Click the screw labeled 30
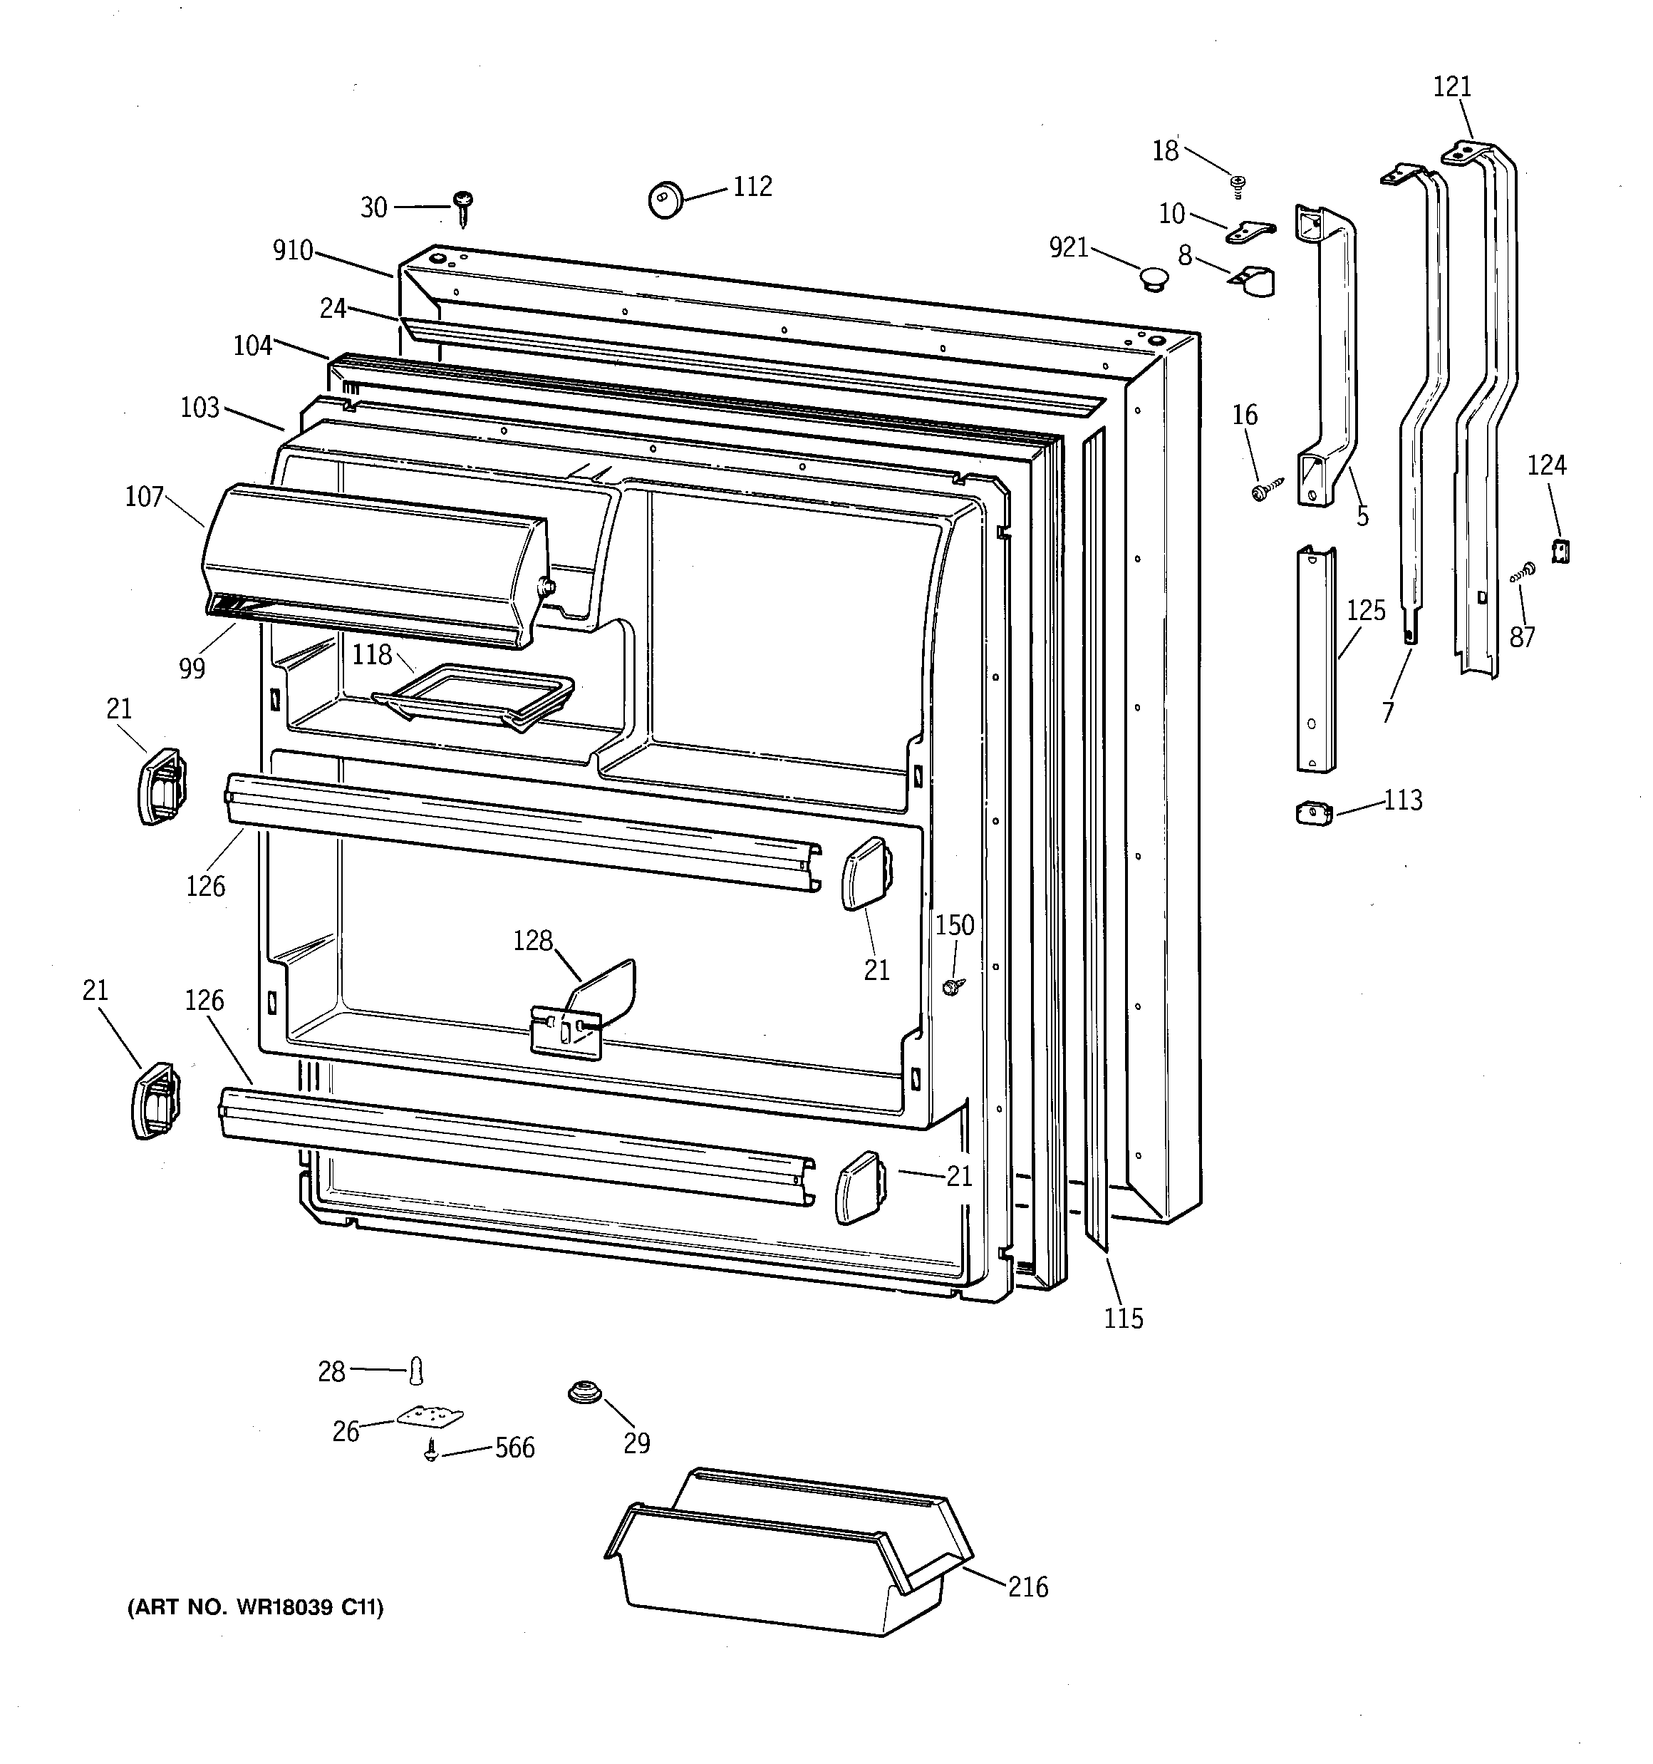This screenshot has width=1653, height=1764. pos(462,206)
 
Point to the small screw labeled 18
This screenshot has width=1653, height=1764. pos(1238,185)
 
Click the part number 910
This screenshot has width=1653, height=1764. pos(293,251)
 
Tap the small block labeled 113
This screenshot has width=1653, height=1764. pos(1314,813)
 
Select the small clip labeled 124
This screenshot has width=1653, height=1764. pos(1560,550)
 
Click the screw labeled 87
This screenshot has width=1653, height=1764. pos(1523,572)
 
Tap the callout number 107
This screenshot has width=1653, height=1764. pos(145,496)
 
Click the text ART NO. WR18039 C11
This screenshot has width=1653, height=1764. pos(256,1607)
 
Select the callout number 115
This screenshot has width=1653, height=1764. pos(1124,1318)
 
